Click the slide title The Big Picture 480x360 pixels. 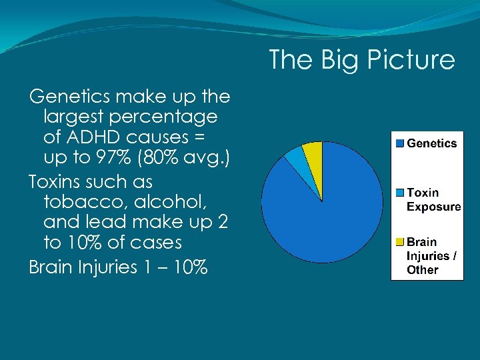(361, 60)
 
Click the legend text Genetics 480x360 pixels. (432, 143)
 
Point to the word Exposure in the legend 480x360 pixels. (433, 207)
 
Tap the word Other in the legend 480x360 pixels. (423, 270)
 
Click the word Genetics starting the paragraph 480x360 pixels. (70, 97)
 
